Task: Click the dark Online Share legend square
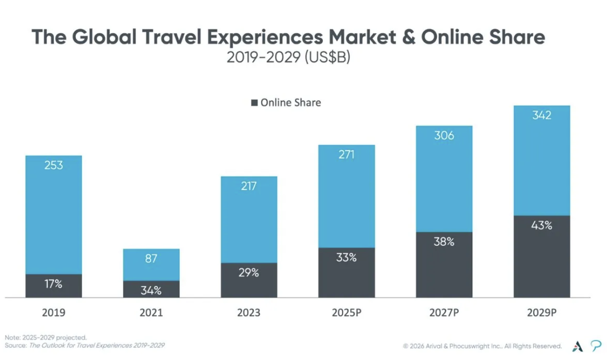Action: (x=254, y=103)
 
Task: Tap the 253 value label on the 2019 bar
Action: (x=54, y=165)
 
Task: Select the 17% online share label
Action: (x=54, y=284)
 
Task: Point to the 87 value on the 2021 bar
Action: (x=151, y=259)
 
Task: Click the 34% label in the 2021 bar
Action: (x=151, y=291)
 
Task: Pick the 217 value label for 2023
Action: (x=249, y=186)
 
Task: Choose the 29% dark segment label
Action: (x=249, y=273)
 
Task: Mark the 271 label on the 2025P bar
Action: (x=346, y=154)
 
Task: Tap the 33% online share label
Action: (x=346, y=258)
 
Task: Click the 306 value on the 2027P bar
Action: (x=444, y=136)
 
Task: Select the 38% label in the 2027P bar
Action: (x=444, y=242)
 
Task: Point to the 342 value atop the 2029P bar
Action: (x=541, y=115)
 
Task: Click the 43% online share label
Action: (x=541, y=225)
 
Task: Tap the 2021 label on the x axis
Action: (x=151, y=313)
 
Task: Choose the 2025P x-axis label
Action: (x=346, y=313)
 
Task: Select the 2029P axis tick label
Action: (x=541, y=313)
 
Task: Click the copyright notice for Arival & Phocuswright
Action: (x=483, y=346)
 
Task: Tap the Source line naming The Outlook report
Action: (x=85, y=346)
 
